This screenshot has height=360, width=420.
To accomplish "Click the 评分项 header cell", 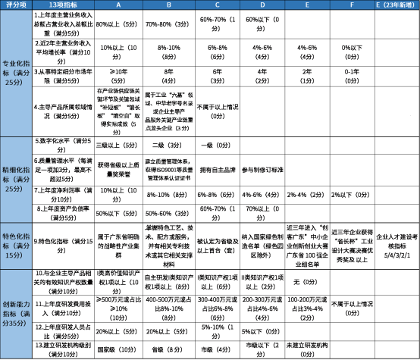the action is pyautogui.click(x=17, y=6).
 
